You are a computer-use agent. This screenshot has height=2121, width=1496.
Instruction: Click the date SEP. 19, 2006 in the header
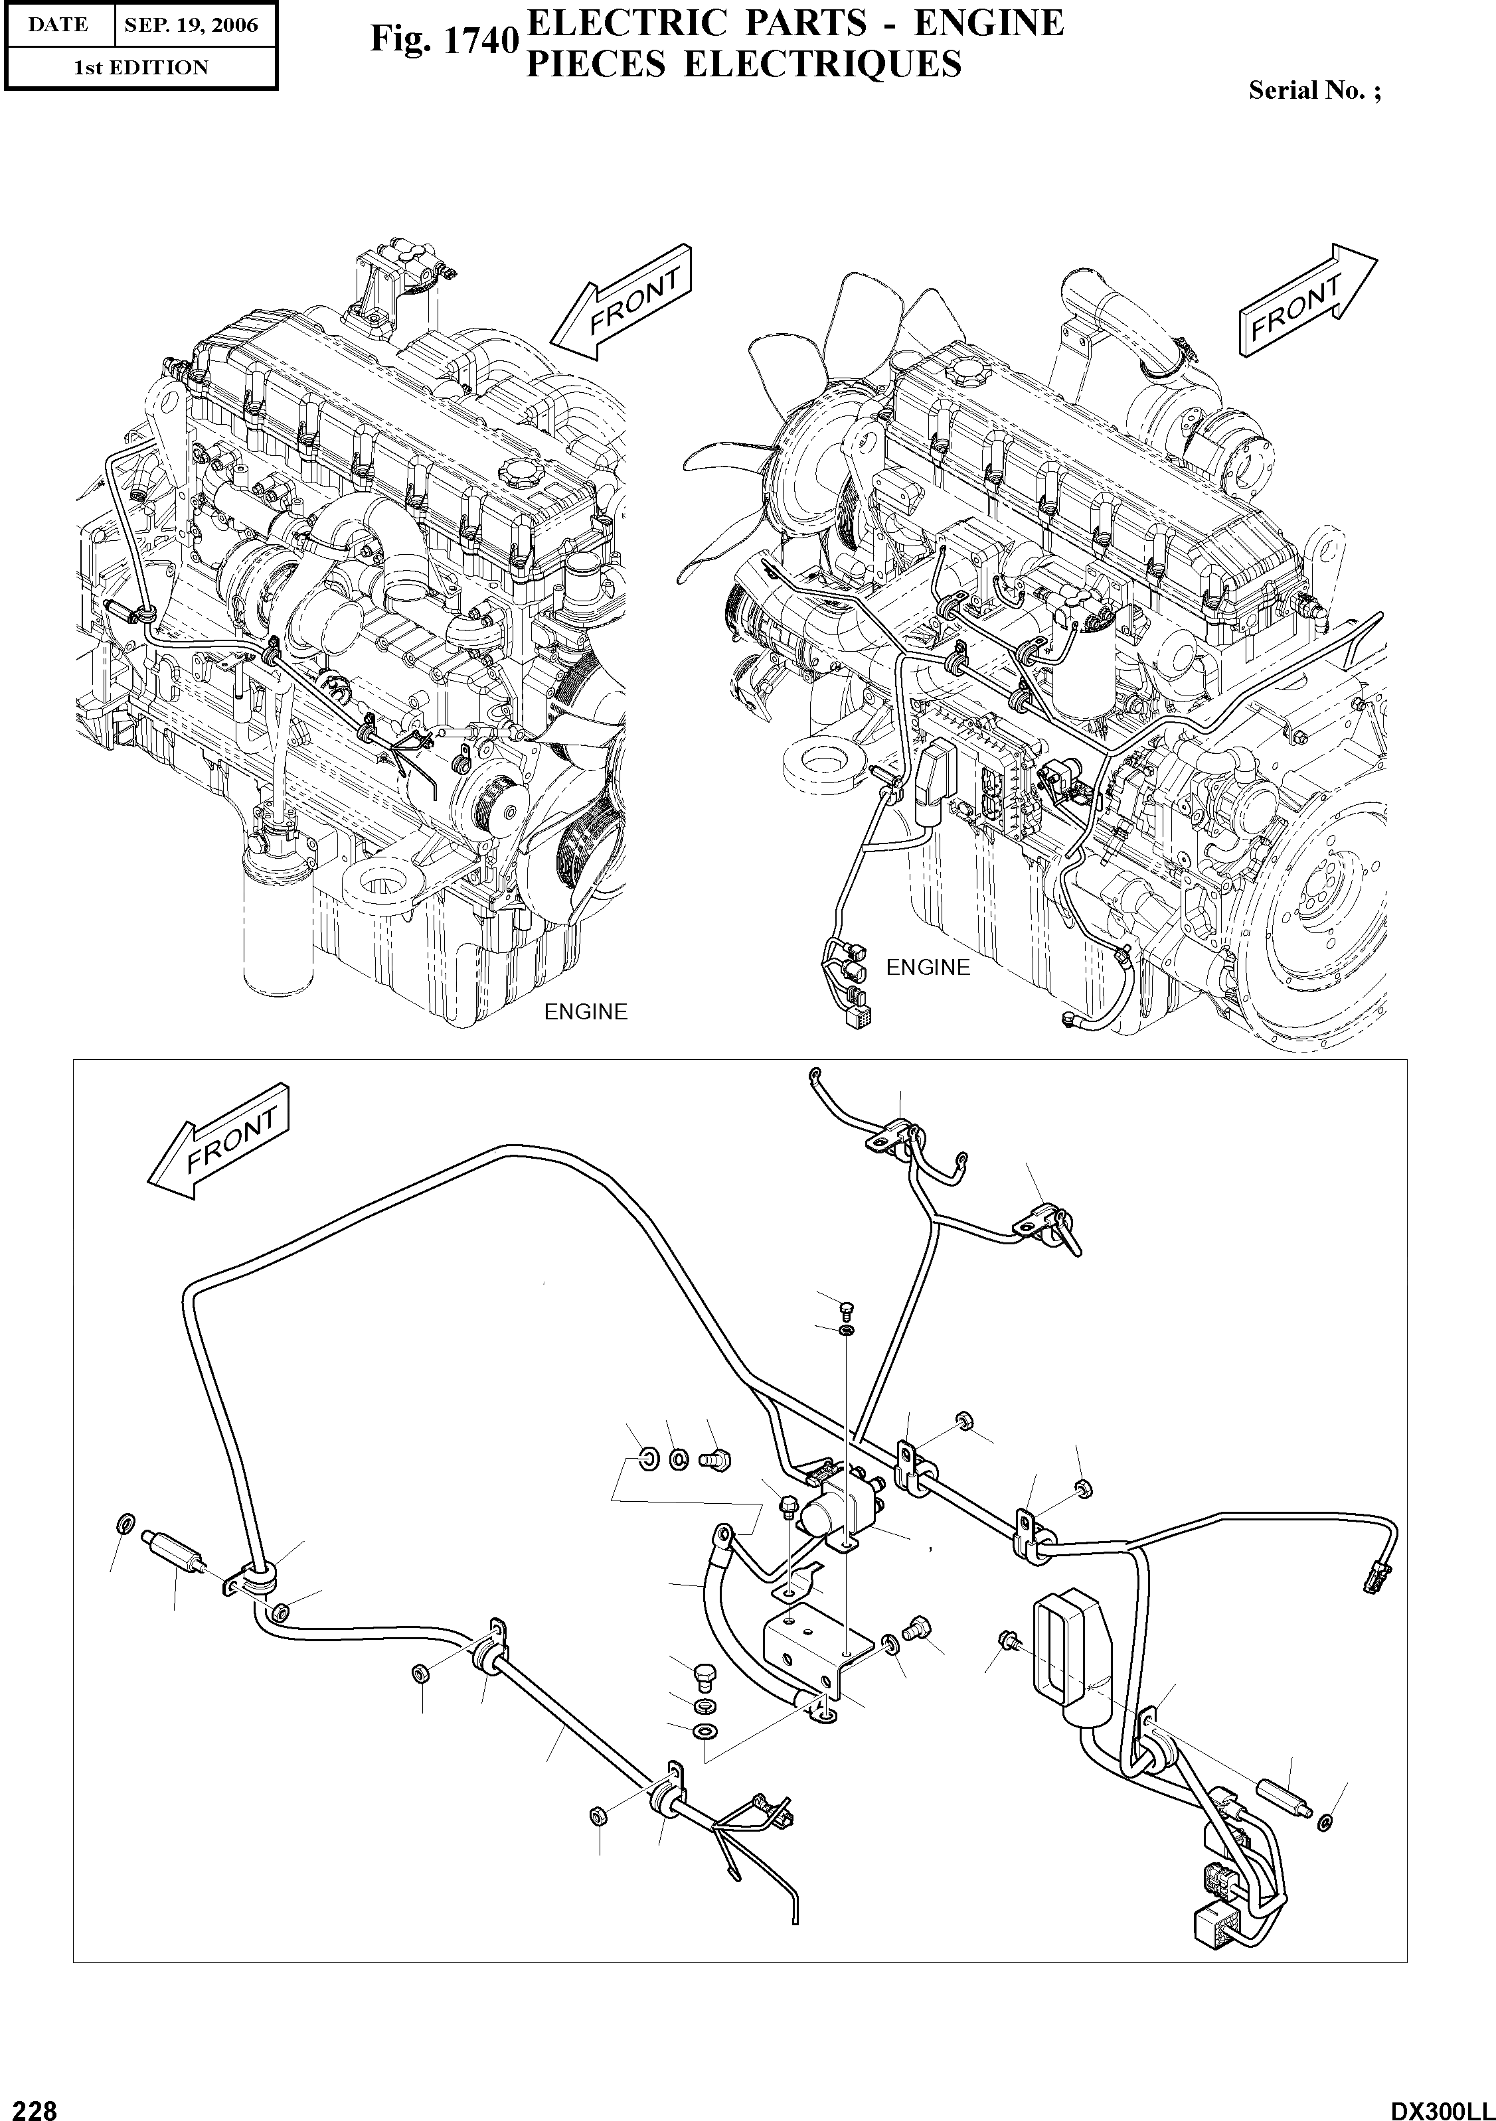click(x=191, y=26)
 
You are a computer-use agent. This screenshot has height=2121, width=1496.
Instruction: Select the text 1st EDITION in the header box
click(x=141, y=68)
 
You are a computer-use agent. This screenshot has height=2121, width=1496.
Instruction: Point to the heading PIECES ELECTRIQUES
click(x=744, y=64)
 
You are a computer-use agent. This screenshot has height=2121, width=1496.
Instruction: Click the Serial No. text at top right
click(x=1314, y=90)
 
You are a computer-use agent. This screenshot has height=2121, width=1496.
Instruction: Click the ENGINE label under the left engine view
click(x=585, y=1011)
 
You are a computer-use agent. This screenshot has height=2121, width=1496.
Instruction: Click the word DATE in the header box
click(x=57, y=26)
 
